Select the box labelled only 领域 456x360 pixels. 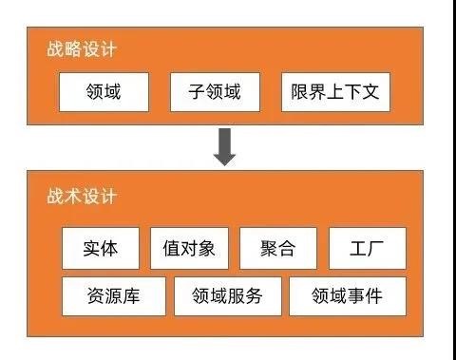pyautogui.click(x=103, y=92)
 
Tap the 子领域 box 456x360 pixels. pyautogui.click(x=213, y=92)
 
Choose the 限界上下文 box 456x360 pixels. pyautogui.click(x=335, y=92)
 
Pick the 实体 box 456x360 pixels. pyautogui.click(x=101, y=249)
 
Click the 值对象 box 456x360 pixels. pyautogui.click(x=189, y=249)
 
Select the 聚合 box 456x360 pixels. pyautogui.click(x=277, y=249)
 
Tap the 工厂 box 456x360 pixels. pyautogui.click(x=367, y=249)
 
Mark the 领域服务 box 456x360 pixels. pyautogui.click(x=227, y=296)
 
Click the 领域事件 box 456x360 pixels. pyautogui.click(x=347, y=296)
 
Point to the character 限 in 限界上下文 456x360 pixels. pyautogui.click(x=301, y=92)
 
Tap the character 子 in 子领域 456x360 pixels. pyautogui.click(x=194, y=92)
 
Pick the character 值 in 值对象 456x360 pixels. pyautogui.click(x=170, y=249)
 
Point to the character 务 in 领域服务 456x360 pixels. pyautogui.click(x=254, y=296)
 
